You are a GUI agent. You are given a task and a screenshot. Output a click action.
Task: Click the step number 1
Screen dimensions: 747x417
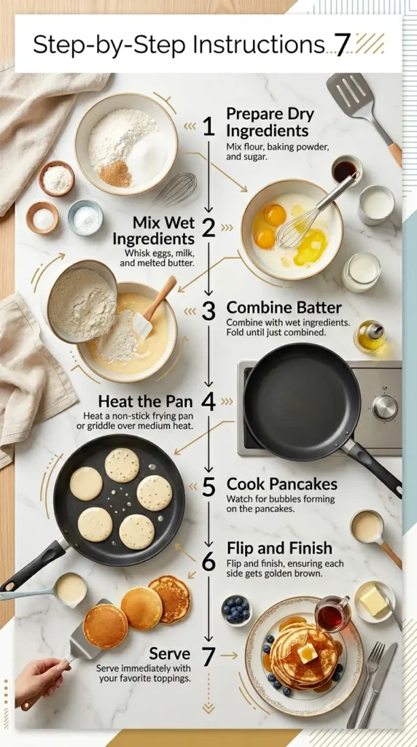tap(209, 128)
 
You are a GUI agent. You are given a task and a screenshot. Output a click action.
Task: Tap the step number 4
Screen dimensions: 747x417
tap(209, 402)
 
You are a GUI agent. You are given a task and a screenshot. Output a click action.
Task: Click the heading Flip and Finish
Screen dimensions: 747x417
tap(279, 548)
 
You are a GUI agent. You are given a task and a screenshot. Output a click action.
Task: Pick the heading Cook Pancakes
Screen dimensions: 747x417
tap(281, 484)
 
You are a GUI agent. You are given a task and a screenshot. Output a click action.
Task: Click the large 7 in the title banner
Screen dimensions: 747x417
tap(341, 45)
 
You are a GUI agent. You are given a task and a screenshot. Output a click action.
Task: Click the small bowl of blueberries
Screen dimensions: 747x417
tap(235, 611)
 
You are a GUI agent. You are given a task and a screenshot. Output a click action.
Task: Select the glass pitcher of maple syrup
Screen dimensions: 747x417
tap(331, 614)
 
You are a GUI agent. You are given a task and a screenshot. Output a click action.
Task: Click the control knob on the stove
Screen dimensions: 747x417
tap(385, 407)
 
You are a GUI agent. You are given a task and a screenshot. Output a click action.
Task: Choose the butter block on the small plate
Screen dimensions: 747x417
tap(374, 601)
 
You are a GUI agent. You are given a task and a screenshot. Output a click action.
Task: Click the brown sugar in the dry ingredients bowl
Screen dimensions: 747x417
tap(116, 174)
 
